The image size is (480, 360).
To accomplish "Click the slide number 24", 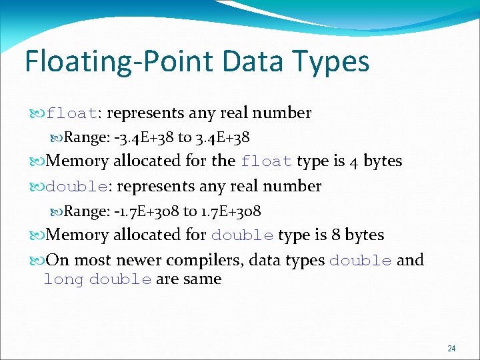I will click(x=451, y=348).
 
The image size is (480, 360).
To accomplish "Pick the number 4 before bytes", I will click(x=355, y=161).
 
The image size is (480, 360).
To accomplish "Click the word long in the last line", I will click(x=63, y=279).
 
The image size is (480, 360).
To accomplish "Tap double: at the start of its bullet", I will click(x=77, y=187).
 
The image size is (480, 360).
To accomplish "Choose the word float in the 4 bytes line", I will click(x=267, y=161).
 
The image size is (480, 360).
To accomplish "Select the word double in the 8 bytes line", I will click(x=242, y=235).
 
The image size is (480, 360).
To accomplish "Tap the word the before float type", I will click(x=223, y=161).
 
